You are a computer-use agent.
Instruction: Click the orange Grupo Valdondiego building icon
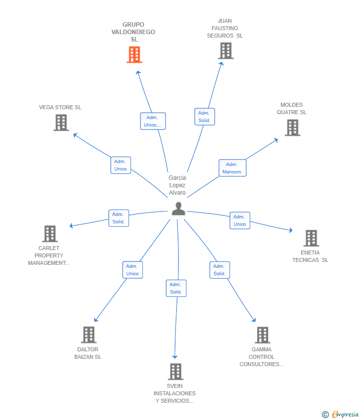pos(134,55)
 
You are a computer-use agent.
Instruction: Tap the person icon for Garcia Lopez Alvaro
pos(178,209)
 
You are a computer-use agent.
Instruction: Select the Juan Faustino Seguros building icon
pos(225,51)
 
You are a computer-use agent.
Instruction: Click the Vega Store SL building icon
pos(61,123)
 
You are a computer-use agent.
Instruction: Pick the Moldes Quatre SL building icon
pos(292,127)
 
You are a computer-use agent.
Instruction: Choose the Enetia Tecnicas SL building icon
pos(311,238)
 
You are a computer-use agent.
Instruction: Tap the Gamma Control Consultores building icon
pos(262,335)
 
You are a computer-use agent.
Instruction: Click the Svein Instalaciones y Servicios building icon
pos(175,372)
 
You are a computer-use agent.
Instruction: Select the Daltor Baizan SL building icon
pos(88,335)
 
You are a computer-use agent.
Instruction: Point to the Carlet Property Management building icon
pos(49,234)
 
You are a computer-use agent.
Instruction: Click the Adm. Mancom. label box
pos(232,168)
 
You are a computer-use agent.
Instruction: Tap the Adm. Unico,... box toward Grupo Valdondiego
pos(152,121)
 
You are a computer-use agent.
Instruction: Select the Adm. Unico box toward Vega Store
pos(120,165)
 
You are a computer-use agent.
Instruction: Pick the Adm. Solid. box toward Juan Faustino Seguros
pos(204,117)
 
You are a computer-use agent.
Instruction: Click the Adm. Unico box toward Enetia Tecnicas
pos(239,220)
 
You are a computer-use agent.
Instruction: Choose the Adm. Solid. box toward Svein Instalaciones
pos(176,288)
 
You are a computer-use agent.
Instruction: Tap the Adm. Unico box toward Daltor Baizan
pos(132,270)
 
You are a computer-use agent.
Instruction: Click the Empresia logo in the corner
pos(341,415)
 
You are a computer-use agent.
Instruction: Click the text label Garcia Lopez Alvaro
pos(177,185)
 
